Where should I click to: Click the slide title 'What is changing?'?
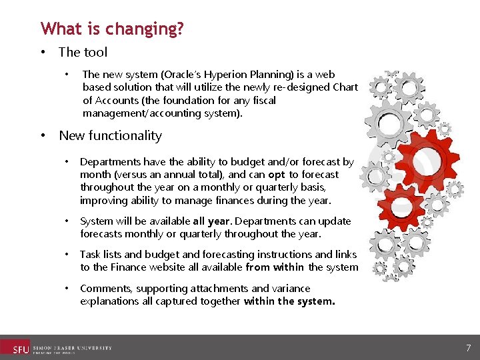(112, 29)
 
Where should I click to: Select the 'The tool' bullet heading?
(83, 52)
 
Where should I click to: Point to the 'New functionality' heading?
(110, 135)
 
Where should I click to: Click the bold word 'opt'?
(277, 175)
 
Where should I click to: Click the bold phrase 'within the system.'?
(289, 301)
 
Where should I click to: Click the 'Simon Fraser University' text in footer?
(72, 348)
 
